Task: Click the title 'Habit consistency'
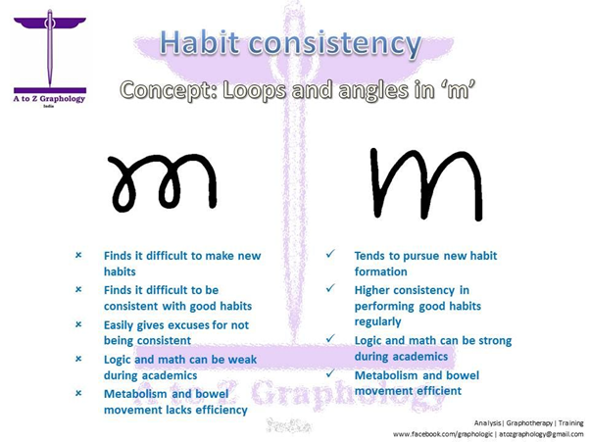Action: point(291,43)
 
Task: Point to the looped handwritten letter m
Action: point(163,182)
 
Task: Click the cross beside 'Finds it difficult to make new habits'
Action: point(78,256)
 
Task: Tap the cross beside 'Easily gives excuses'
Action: point(78,324)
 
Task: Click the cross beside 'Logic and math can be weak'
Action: point(78,359)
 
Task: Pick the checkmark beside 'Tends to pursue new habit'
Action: point(331,254)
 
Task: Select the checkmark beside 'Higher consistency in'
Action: point(331,288)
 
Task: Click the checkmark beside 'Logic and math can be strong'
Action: point(331,339)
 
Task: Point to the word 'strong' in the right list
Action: point(493,340)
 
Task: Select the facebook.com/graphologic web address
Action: point(436,434)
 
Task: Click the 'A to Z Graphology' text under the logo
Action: point(49,98)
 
